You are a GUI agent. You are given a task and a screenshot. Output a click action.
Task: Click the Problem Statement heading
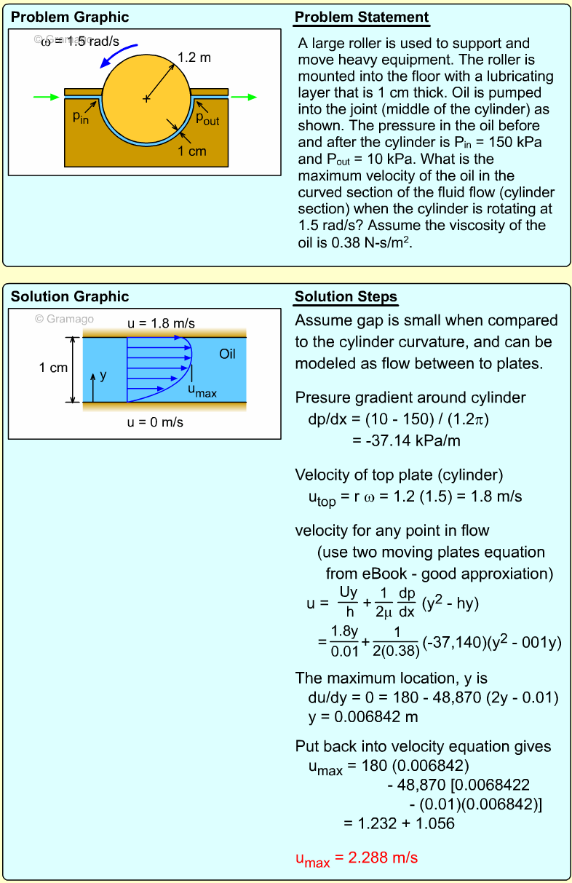click(x=362, y=17)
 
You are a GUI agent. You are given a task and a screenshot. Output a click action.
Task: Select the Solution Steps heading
click(x=346, y=297)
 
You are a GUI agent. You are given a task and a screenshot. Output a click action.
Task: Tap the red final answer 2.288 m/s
click(x=357, y=858)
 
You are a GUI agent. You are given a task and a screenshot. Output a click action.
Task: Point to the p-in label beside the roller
click(x=81, y=117)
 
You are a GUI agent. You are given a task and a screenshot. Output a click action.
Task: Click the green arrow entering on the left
click(x=44, y=96)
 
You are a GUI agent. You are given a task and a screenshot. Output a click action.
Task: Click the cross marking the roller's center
click(x=146, y=98)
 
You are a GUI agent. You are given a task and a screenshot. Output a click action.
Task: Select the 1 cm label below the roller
click(x=192, y=151)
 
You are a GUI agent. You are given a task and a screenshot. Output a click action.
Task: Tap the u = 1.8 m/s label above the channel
click(x=161, y=322)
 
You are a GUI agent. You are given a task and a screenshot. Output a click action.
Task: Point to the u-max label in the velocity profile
click(x=202, y=392)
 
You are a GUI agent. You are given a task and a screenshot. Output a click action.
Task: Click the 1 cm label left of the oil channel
click(x=53, y=368)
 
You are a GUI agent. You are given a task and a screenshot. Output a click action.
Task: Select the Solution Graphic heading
click(x=70, y=297)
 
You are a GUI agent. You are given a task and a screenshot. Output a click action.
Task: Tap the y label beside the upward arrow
click(x=103, y=375)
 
